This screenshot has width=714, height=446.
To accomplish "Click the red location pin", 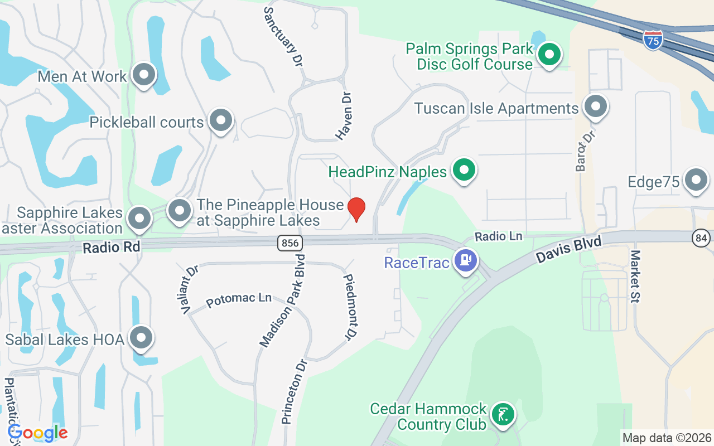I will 356,209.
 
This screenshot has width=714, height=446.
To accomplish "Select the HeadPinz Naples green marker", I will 464,169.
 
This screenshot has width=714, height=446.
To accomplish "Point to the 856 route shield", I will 290,243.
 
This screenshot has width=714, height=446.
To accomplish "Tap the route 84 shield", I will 701,238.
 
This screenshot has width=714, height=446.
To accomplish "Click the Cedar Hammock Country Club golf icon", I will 503,414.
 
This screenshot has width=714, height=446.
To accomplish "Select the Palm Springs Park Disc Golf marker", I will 549,55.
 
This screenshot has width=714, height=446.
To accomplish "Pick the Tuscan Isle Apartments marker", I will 595,106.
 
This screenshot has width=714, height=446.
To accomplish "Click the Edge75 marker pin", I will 696,180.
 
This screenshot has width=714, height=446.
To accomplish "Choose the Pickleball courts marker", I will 221,120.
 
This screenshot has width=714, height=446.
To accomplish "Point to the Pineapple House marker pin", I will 179,211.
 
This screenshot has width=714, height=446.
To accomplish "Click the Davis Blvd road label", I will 569,250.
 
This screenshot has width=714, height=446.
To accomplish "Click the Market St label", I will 635,276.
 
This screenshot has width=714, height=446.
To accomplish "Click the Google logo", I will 38,433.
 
